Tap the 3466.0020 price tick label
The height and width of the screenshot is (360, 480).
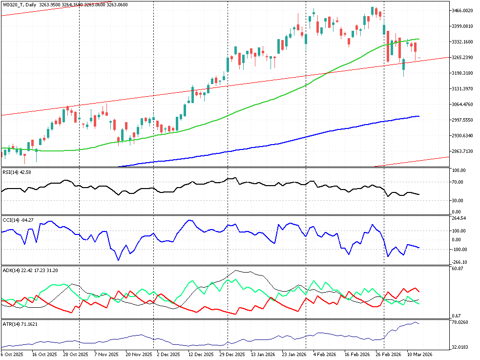(464, 10)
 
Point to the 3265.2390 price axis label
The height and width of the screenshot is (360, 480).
(464, 58)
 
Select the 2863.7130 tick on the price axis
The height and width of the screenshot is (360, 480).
(464, 151)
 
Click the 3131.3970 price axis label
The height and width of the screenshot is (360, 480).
(464, 89)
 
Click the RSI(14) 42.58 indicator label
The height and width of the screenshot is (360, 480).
(17, 171)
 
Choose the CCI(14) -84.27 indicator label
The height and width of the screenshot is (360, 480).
(18, 219)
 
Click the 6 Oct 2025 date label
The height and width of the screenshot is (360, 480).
(12, 354)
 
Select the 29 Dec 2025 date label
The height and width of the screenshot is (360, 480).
(231, 354)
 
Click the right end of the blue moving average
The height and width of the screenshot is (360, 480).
(419, 116)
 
